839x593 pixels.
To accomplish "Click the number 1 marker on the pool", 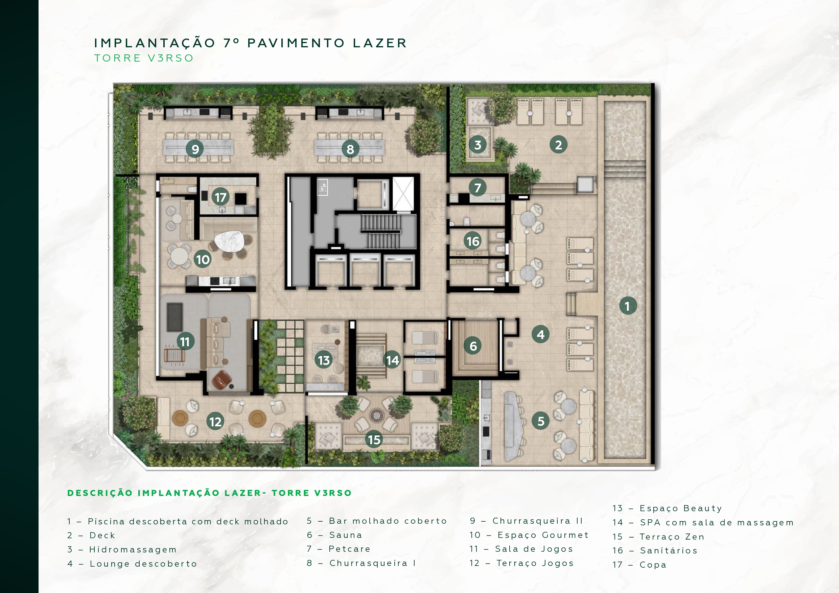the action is click(628, 306).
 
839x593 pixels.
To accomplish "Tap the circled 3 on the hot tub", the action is click(477, 145).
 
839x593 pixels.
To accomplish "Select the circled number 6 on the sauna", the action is click(473, 346).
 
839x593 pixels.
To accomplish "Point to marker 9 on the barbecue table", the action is click(195, 149).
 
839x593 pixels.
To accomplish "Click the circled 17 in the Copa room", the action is click(220, 197).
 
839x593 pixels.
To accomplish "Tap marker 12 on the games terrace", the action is click(216, 422).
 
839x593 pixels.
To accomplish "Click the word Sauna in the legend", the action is click(346, 535).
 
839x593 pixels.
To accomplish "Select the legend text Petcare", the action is click(350, 549).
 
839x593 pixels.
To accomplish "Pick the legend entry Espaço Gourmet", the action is click(543, 535).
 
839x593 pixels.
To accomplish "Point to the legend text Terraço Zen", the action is click(672, 537).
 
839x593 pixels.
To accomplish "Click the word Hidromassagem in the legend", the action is click(133, 549).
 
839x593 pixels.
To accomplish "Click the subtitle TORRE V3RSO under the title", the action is click(144, 58).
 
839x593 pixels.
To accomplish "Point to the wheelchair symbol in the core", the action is click(322, 188).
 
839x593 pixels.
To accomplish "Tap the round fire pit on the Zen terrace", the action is click(376, 415).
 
